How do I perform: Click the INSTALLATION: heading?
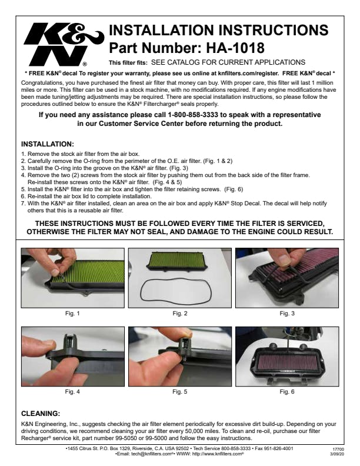[x=48, y=144]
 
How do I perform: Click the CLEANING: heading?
[x=41, y=414]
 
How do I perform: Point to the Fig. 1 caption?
[x=72, y=313]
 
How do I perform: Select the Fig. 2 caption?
[x=180, y=313]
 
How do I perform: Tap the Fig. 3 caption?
[x=287, y=313]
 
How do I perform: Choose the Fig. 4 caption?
[x=72, y=392]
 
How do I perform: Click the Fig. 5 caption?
[x=180, y=392]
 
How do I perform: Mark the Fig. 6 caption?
[x=287, y=392]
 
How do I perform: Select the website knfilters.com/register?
[x=248, y=73]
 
